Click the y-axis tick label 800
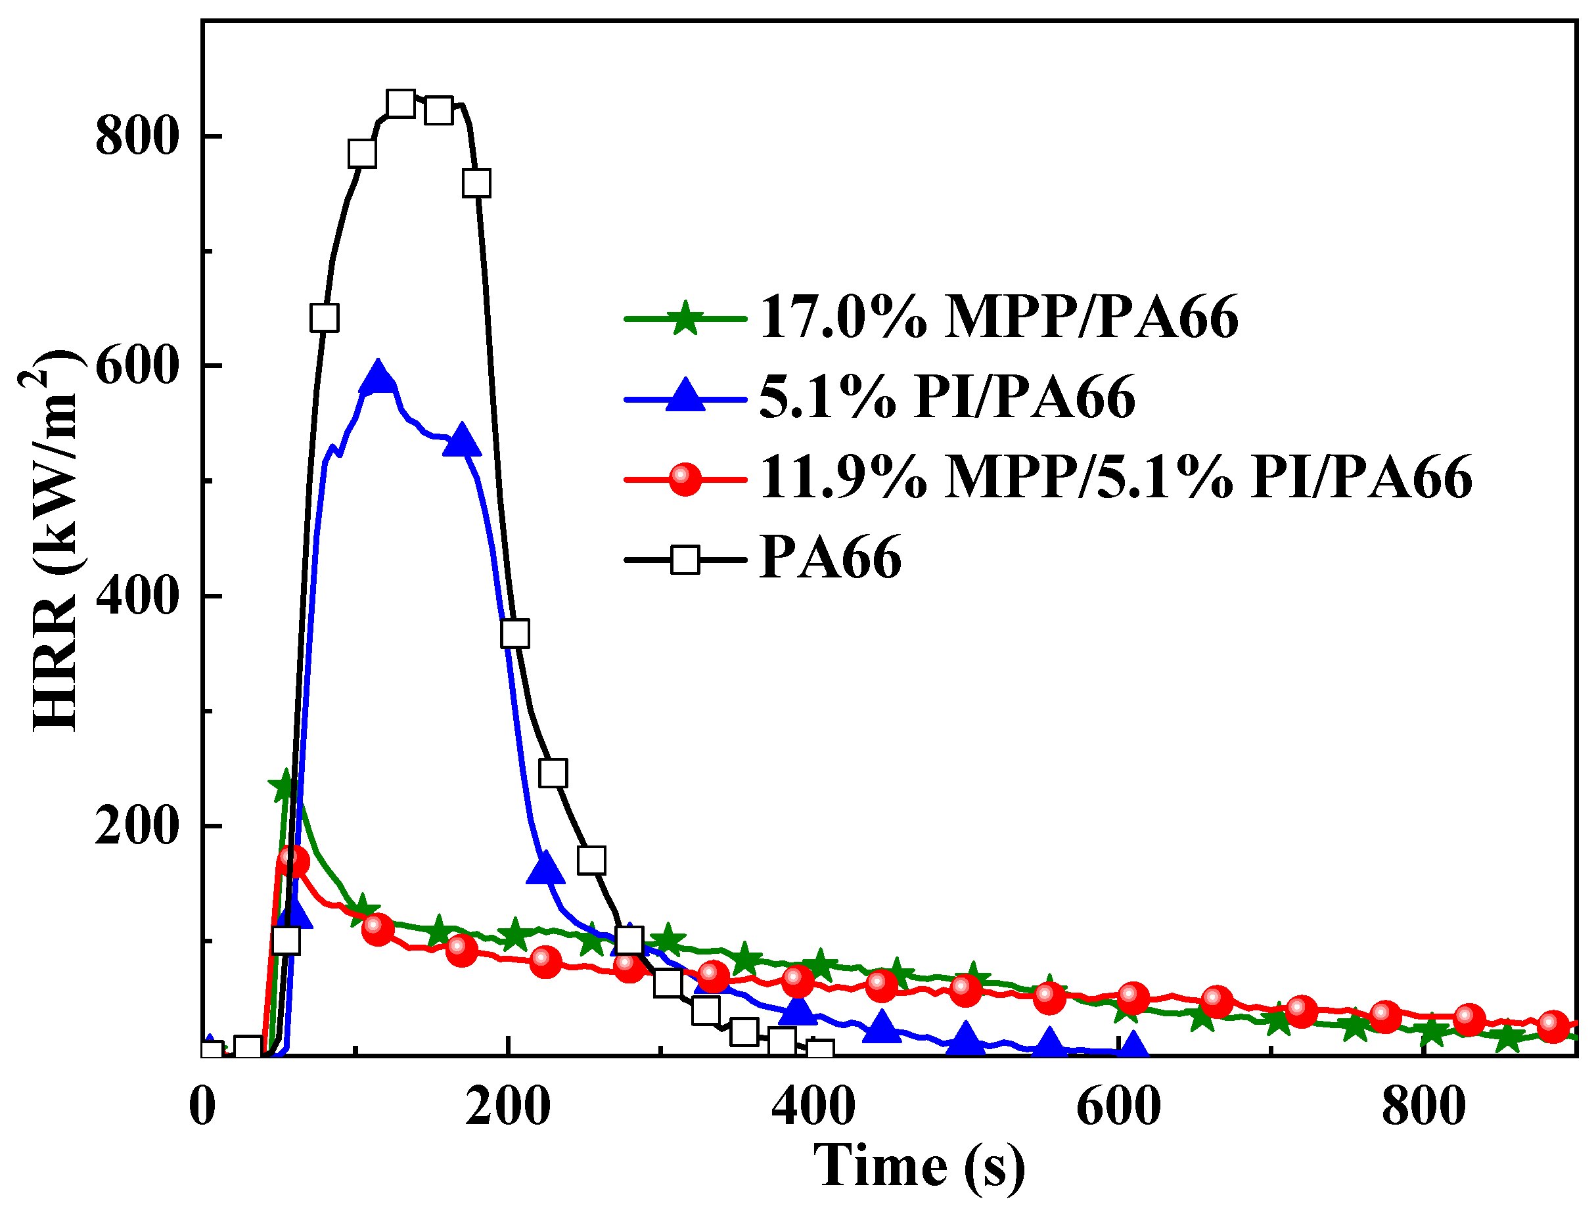click(x=137, y=136)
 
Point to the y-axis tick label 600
click(x=137, y=367)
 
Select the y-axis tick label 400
click(x=137, y=596)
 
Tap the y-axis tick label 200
click(x=137, y=826)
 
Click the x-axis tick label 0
click(x=202, y=1106)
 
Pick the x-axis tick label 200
click(x=508, y=1106)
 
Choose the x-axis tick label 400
click(x=813, y=1106)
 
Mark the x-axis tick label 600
click(x=1119, y=1106)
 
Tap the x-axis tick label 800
click(x=1424, y=1106)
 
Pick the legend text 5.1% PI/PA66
click(x=947, y=397)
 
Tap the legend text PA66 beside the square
click(x=831, y=558)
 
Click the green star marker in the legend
click(x=685, y=317)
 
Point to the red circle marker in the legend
click(x=685, y=478)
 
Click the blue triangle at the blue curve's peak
click(x=377, y=376)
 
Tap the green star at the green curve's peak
click(x=285, y=786)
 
